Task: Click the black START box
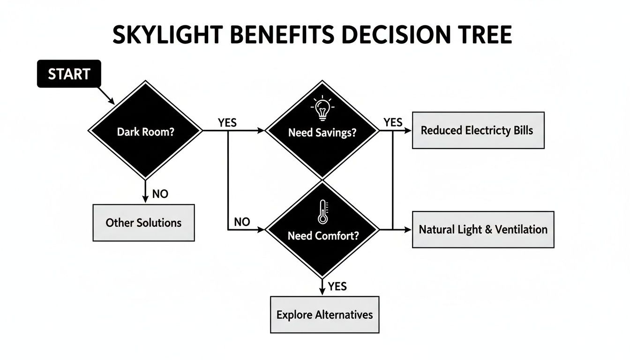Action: point(69,74)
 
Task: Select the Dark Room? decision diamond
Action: point(145,131)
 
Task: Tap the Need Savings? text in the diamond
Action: point(322,133)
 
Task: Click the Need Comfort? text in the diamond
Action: point(322,235)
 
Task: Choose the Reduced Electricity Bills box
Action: point(478,130)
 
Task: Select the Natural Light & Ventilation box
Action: point(483,230)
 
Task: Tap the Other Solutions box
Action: point(143,223)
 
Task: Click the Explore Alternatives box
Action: point(324,315)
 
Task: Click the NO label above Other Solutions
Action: point(160,194)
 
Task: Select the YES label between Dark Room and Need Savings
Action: point(227,123)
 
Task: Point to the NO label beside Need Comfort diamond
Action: point(241,222)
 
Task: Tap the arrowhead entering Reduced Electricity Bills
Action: point(408,131)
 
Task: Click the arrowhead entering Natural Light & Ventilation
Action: point(408,230)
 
